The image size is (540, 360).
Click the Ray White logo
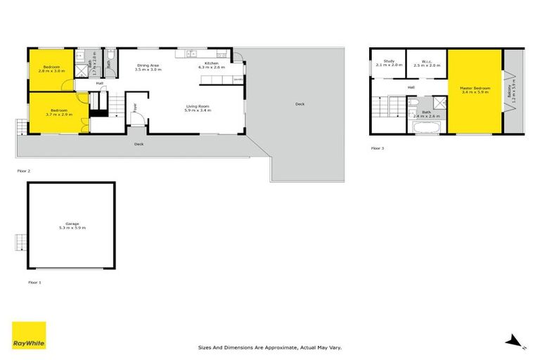29,335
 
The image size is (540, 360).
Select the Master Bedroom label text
475,90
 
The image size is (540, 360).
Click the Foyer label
134,108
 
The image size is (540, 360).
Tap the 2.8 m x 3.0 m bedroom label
50,69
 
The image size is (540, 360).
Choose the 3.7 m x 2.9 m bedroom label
57,112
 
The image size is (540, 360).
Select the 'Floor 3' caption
378,148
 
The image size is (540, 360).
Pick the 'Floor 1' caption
34,282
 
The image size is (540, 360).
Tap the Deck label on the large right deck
300,104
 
